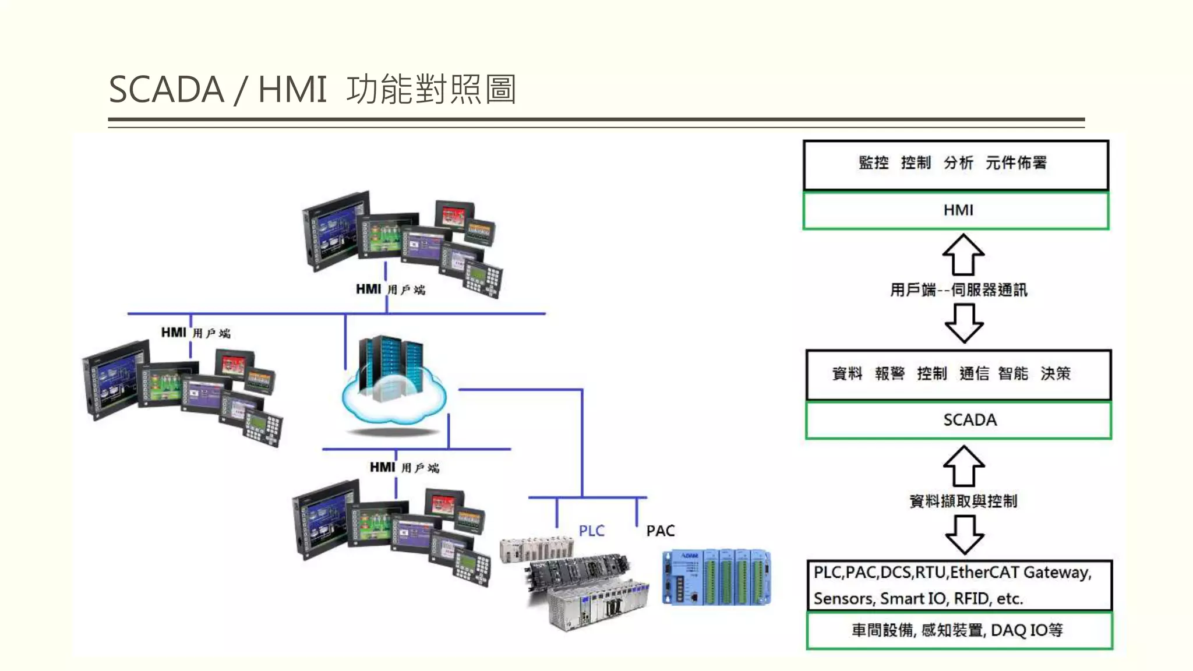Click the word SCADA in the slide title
(x=167, y=90)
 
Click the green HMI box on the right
(x=956, y=210)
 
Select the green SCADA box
(x=959, y=419)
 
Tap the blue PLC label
(x=591, y=531)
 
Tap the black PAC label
(x=661, y=531)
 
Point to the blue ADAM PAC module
(x=716, y=577)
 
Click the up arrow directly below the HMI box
(x=963, y=255)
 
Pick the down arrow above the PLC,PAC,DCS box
(x=965, y=535)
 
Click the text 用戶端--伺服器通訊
(x=959, y=289)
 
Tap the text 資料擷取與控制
(x=963, y=501)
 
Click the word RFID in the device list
(x=972, y=599)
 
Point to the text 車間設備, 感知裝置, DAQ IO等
(x=957, y=630)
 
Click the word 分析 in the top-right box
(x=958, y=163)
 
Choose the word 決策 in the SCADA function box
(x=1056, y=373)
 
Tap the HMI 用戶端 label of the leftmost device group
(x=196, y=333)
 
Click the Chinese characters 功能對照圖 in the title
(x=431, y=90)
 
